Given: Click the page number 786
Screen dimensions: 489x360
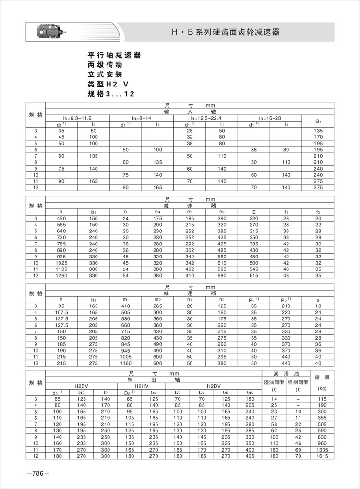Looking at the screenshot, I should coord(38,473).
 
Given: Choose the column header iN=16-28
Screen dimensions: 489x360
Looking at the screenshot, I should coord(269,118).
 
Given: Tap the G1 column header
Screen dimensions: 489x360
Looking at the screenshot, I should coord(318,121).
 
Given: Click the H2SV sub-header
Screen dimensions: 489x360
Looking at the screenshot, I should coord(81,386).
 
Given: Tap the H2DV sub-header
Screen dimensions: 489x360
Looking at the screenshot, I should coord(214,386).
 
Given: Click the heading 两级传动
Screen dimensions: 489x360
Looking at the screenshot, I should coord(102,65).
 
